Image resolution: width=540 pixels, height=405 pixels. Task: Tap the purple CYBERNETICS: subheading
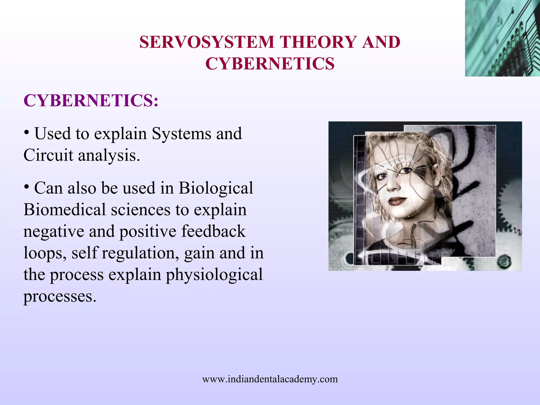(91, 100)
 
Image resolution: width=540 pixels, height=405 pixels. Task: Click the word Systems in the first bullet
(181, 134)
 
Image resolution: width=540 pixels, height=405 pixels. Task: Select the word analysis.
(109, 156)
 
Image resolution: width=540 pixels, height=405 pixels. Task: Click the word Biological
(216, 188)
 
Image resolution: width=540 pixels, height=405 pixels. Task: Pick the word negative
(54, 232)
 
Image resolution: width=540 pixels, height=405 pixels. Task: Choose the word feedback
(213, 231)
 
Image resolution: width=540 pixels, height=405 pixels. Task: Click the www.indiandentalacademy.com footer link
(270, 379)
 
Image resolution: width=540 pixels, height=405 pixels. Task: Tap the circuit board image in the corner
(502, 38)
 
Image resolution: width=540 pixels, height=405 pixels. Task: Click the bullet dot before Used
(26, 133)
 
